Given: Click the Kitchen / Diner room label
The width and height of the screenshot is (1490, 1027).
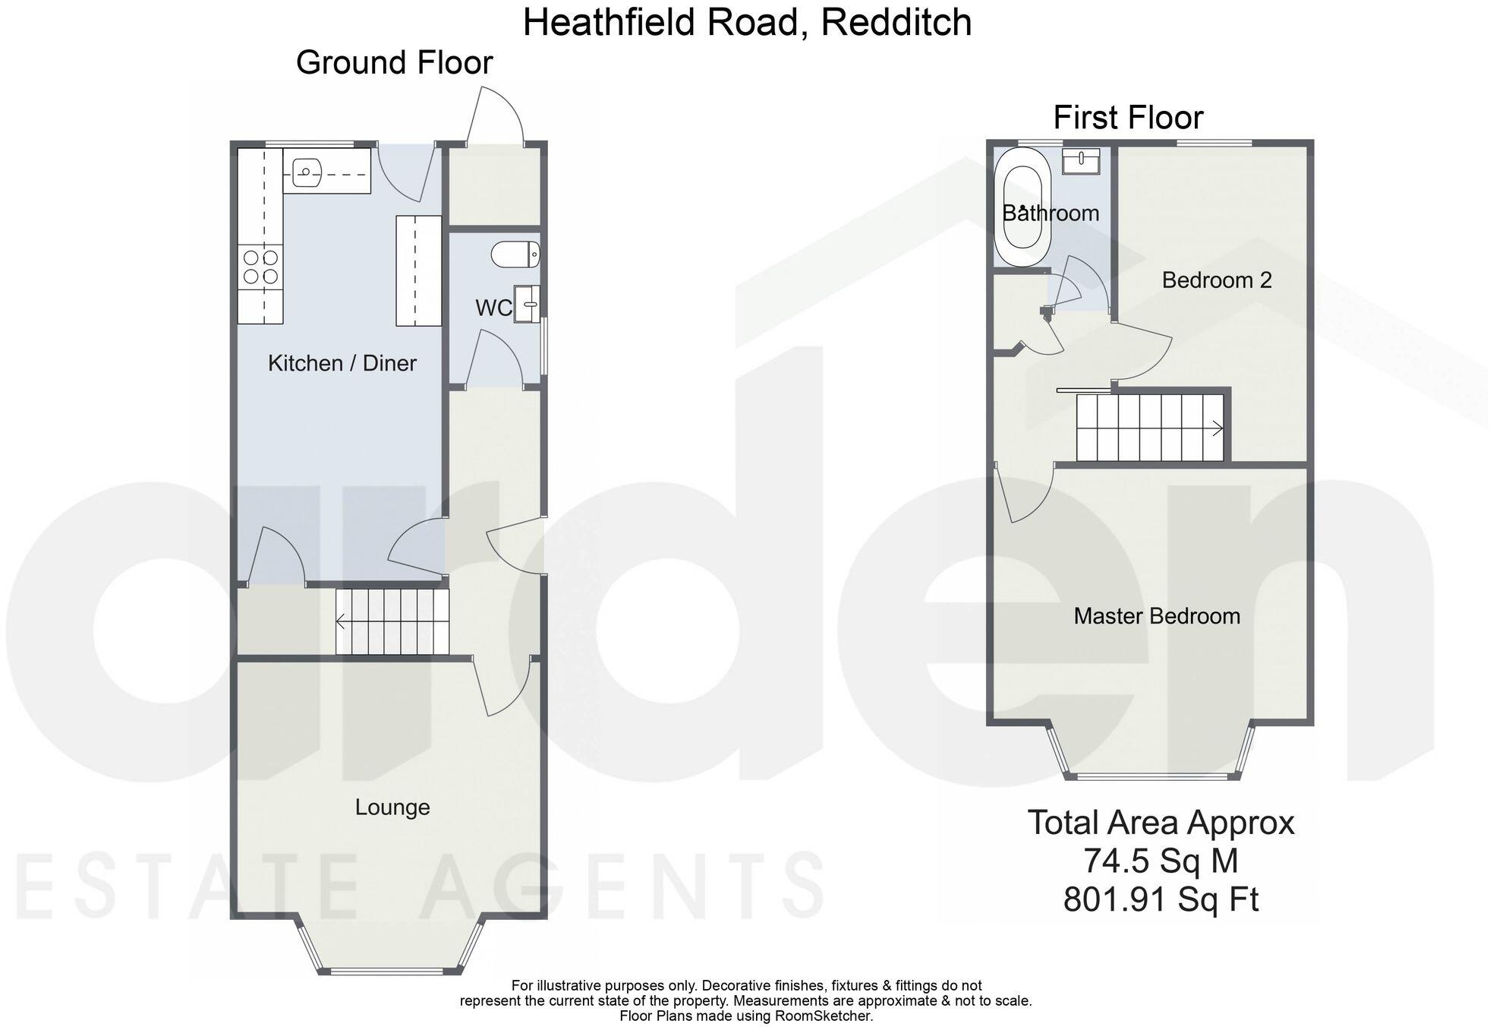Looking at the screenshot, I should [342, 363].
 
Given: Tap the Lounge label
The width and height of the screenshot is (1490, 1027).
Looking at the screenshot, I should [392, 807].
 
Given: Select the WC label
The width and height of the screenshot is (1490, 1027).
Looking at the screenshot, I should [493, 308].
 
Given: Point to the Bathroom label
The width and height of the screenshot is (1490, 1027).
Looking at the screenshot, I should [1051, 213].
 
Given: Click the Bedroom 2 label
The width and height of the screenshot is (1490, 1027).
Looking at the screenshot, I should [1217, 280].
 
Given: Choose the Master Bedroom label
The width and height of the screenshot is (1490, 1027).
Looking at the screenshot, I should [1157, 615].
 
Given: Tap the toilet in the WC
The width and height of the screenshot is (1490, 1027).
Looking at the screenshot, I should [515, 254].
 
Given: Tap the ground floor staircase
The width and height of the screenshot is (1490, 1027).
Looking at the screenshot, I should [392, 621].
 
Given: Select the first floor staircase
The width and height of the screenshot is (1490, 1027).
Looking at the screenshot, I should [1149, 428].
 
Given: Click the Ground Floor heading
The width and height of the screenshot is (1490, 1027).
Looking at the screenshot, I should [394, 62].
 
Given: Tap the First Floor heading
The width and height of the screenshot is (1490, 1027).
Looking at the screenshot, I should [1128, 118].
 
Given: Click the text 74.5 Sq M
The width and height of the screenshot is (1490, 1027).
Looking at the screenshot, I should [1161, 861].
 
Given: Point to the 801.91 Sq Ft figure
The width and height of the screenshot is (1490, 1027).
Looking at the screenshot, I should [1161, 899].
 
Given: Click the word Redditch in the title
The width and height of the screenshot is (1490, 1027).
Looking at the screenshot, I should [896, 22].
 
